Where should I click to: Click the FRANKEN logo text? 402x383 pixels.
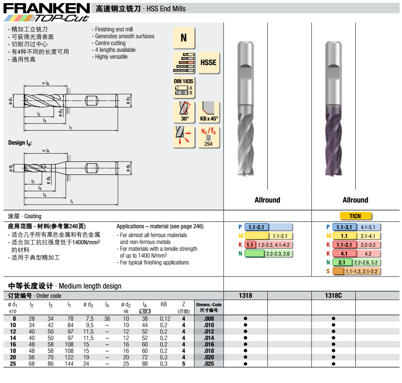(47, 8)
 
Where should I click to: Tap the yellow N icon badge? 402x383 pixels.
(184, 38)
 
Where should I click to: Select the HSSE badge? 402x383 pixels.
(208, 63)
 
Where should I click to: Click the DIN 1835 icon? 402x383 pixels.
(184, 88)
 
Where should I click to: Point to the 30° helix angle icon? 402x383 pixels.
(184, 112)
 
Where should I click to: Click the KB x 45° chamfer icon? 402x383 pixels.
(209, 112)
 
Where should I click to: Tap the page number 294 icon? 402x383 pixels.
(209, 137)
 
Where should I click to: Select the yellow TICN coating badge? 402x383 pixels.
(355, 216)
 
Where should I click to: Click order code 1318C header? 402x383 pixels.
(333, 295)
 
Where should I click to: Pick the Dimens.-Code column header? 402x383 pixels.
(209, 307)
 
